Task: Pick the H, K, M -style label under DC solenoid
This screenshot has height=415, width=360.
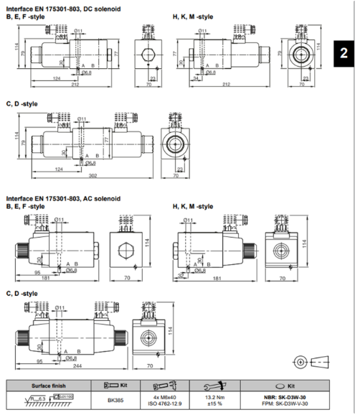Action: point(193,15)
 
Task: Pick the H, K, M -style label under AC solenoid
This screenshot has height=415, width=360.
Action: point(193,207)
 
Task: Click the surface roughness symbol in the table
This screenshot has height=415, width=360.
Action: point(32,400)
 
